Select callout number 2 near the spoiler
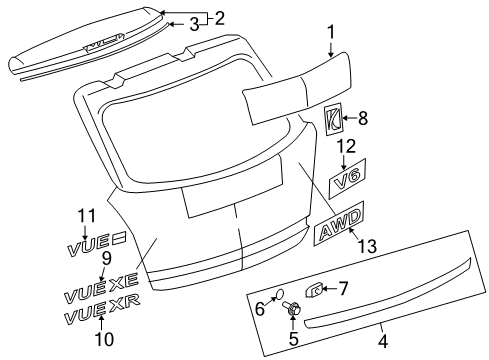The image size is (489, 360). coord(219,16)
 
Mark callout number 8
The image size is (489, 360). coord(362,119)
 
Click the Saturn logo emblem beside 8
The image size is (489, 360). coord(335,116)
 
